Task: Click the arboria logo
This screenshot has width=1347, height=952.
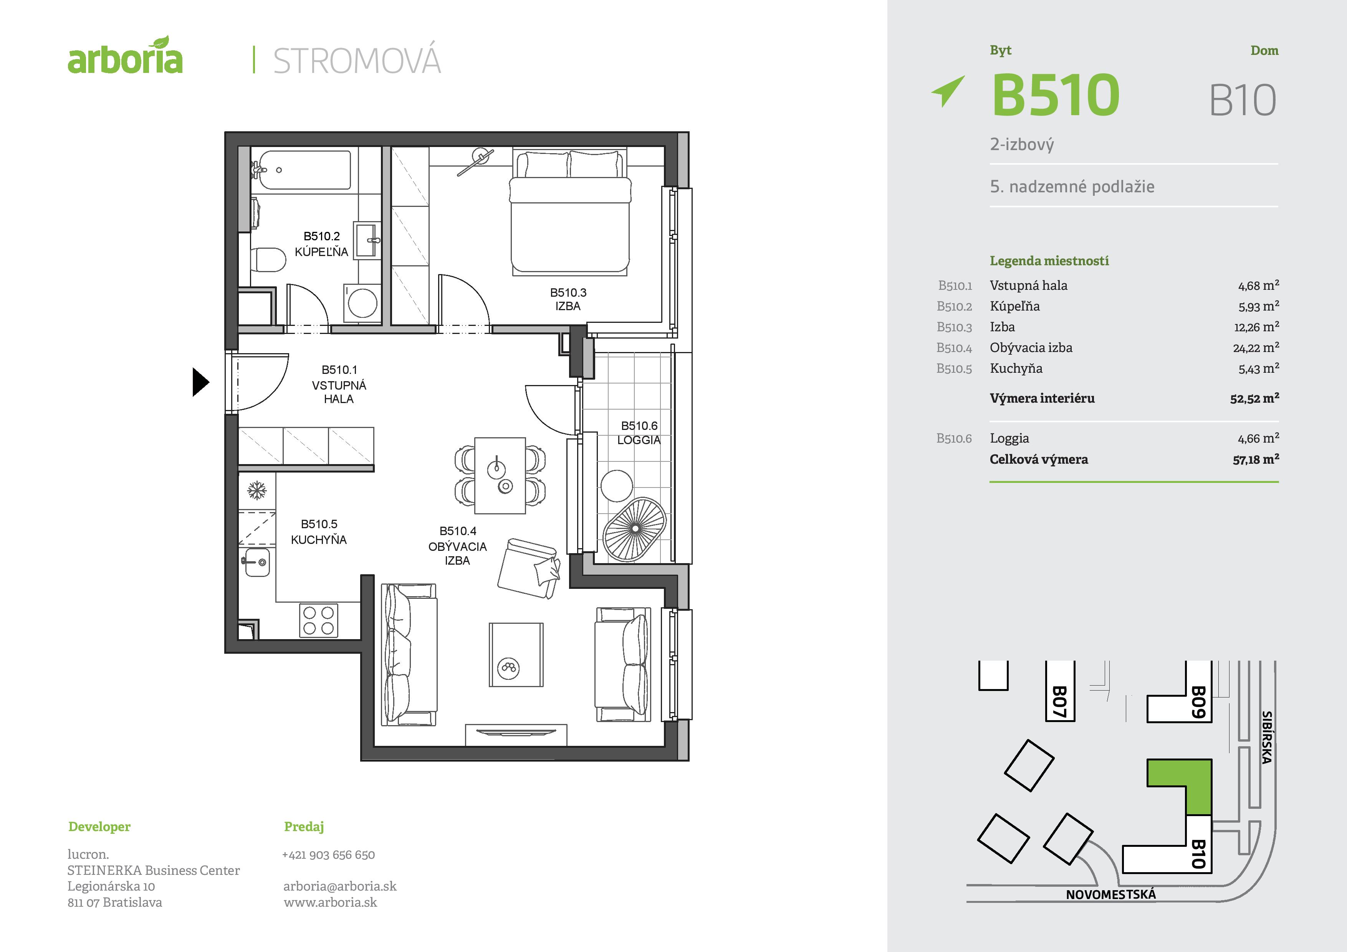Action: click(x=125, y=56)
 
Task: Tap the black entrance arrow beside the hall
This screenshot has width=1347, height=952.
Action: click(x=201, y=382)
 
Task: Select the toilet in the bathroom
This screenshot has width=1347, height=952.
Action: click(x=268, y=260)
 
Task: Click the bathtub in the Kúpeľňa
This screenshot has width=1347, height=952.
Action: click(x=304, y=170)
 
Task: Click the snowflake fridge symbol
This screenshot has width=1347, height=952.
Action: click(x=256, y=490)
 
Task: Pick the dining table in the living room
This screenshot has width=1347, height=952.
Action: click(x=500, y=475)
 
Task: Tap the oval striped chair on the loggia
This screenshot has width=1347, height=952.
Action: click(x=635, y=529)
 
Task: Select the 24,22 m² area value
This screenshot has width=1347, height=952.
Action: click(x=1256, y=348)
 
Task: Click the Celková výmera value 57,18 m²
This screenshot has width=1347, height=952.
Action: click(x=1256, y=459)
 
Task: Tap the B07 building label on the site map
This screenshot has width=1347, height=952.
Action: click(x=1059, y=702)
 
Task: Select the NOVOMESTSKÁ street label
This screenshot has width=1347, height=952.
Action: click(x=1110, y=894)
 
